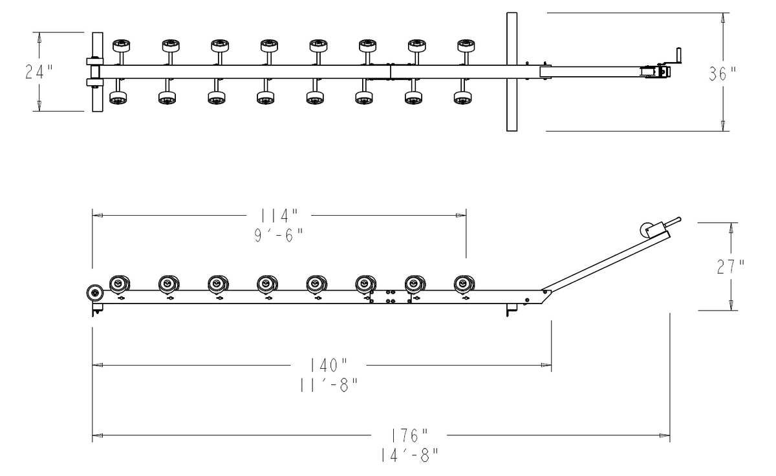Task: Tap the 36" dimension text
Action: click(723, 74)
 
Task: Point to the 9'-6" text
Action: click(279, 235)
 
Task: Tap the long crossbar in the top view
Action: click(512, 71)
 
